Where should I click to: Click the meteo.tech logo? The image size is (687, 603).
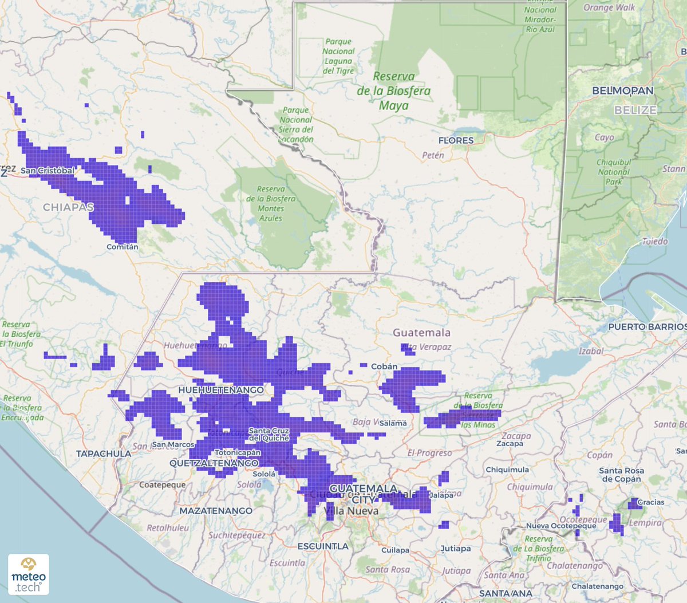[29, 574]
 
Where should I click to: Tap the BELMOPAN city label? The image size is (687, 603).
[622, 91]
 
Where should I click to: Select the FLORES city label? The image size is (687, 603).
[456, 140]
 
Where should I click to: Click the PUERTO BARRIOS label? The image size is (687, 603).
[647, 326]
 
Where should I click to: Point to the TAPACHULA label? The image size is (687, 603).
[104, 454]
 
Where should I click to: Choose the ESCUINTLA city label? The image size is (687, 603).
[323, 546]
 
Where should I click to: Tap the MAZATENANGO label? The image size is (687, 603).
[216, 511]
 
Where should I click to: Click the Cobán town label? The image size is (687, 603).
[384, 366]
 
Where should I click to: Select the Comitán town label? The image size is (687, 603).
[122, 247]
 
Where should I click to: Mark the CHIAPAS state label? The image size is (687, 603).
[68, 207]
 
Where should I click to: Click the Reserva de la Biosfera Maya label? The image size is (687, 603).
[394, 91]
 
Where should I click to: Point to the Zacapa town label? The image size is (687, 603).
[510, 444]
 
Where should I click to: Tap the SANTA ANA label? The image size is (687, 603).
[506, 593]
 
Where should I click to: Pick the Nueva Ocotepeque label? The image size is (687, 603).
[561, 526]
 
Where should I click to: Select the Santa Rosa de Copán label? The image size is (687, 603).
[621, 474]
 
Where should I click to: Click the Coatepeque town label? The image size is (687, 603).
[162, 485]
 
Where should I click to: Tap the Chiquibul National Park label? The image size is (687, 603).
[614, 172]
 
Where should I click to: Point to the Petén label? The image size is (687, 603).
[433, 155]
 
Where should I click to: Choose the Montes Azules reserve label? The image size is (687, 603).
[271, 203]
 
